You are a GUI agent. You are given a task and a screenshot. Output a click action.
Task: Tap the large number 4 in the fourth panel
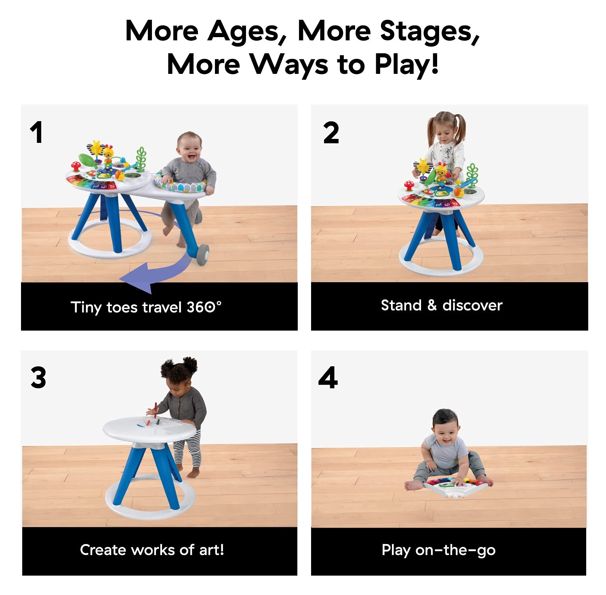pyautogui.click(x=328, y=378)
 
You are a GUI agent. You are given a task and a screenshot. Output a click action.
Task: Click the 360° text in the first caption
pyautogui.click(x=204, y=307)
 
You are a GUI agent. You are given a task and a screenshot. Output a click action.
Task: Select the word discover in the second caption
pyautogui.click(x=472, y=305)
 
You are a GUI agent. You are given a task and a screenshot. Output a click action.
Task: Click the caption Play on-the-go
pyautogui.click(x=439, y=550)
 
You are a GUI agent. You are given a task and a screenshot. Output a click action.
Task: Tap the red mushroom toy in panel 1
pyautogui.click(x=76, y=166)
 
